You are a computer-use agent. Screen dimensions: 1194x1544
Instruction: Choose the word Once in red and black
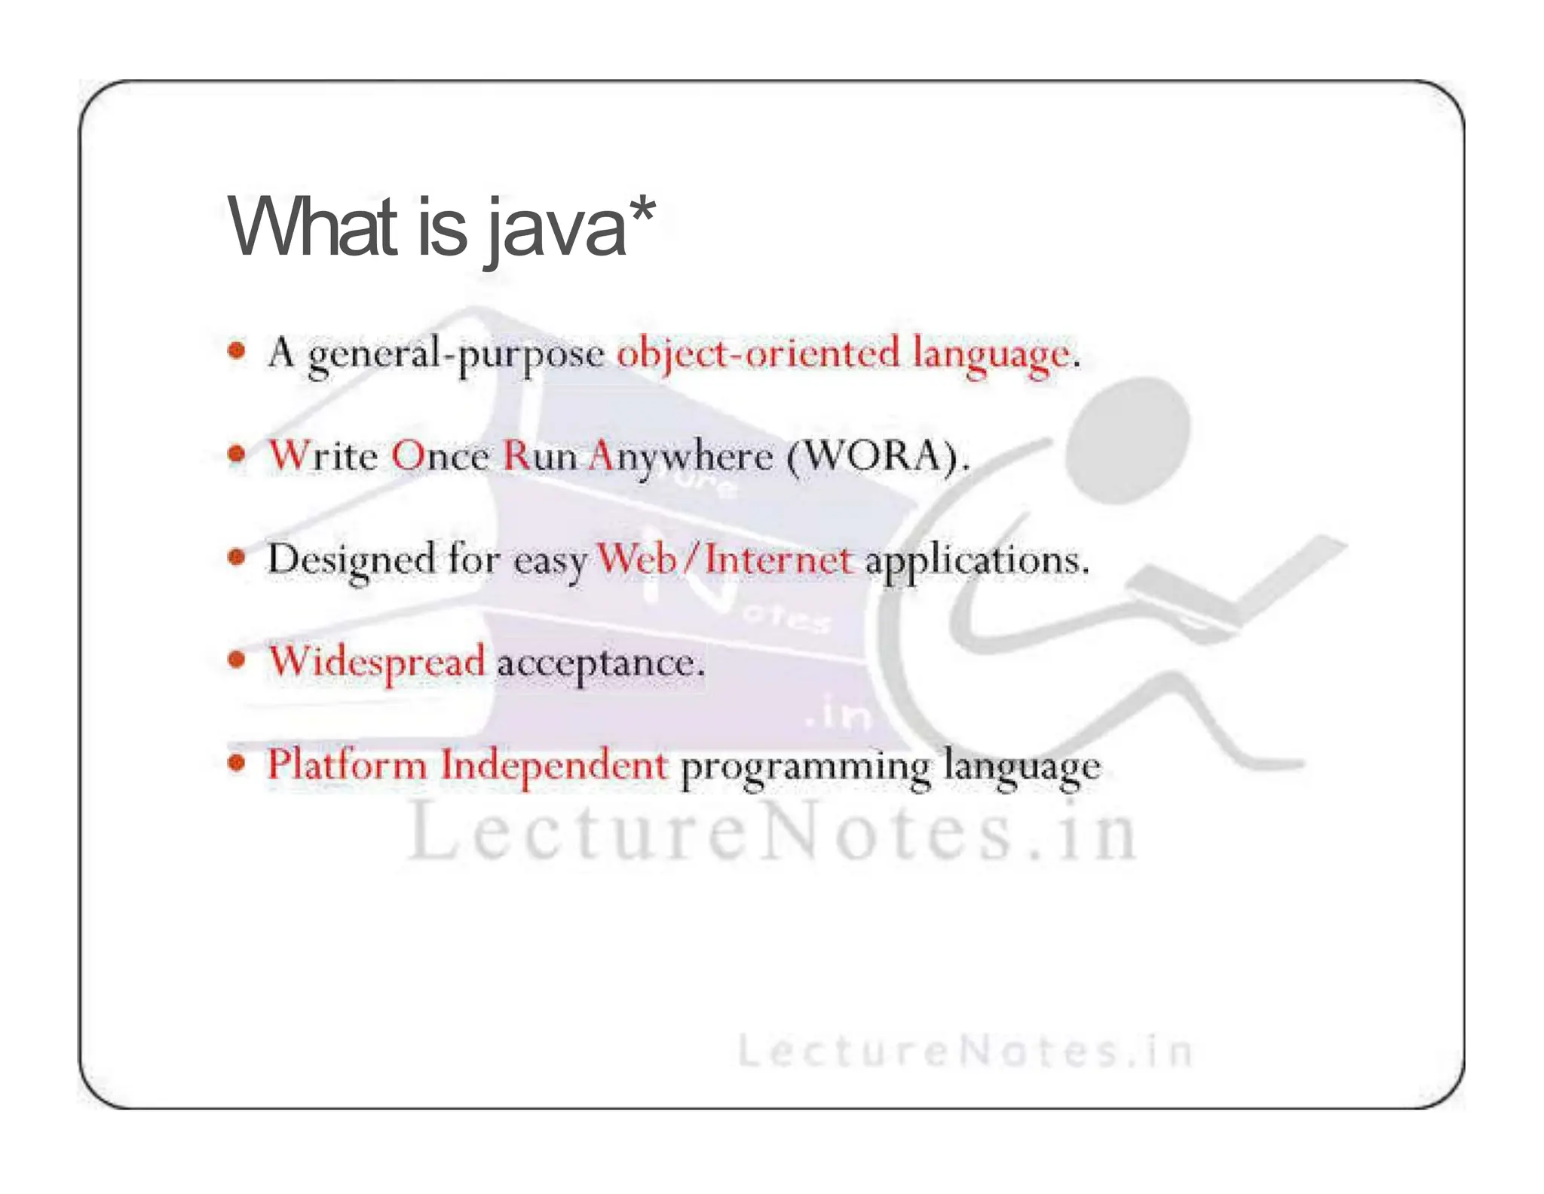coord(440,456)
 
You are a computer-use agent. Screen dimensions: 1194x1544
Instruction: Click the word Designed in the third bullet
coord(351,560)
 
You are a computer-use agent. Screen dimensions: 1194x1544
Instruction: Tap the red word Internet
coord(779,560)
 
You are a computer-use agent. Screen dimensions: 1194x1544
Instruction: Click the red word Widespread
coord(376,662)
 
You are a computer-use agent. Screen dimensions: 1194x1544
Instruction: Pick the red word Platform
coord(347,764)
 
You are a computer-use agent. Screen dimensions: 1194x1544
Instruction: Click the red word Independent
coord(554,764)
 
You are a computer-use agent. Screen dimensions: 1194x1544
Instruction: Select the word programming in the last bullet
coord(805,767)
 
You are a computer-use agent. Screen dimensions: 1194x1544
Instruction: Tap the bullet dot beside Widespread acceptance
coord(237,660)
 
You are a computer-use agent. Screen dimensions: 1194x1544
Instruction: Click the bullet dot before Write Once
coord(237,454)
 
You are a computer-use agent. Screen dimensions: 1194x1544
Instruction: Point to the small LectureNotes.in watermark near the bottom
coord(964,1051)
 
